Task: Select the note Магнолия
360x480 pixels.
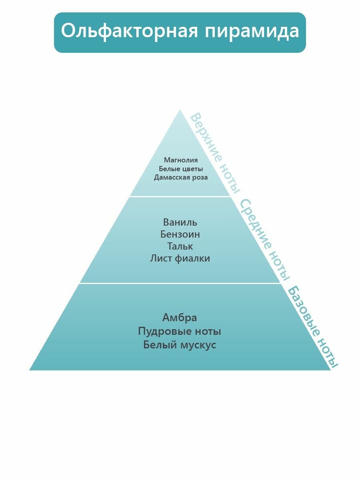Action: [181, 160]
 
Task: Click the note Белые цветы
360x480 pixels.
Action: [181, 168]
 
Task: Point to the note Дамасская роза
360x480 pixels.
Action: [181, 177]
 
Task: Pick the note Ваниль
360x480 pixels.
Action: [180, 222]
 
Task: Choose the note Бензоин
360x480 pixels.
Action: [180, 234]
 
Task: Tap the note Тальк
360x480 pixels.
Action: [180, 246]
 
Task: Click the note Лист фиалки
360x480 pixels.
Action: [180, 258]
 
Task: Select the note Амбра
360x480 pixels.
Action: [180, 318]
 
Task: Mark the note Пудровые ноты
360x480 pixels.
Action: [180, 331]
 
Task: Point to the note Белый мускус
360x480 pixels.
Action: [180, 345]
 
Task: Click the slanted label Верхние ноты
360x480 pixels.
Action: [215, 152]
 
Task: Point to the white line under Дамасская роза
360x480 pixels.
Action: [180, 196]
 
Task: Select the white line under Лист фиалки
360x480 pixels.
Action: [180, 283]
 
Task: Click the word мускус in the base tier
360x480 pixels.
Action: [198, 345]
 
